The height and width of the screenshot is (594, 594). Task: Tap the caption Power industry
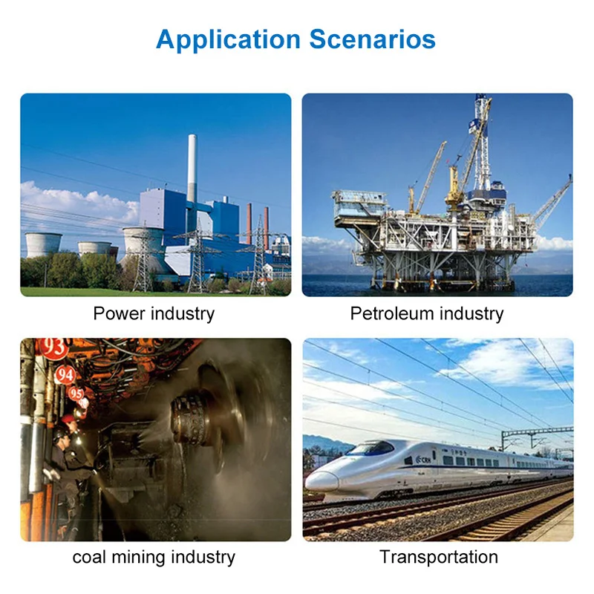pos(154,313)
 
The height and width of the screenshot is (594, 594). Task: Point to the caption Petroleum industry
pos(426,313)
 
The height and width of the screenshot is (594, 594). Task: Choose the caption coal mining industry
pos(154,556)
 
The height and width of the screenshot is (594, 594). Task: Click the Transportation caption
pos(438,556)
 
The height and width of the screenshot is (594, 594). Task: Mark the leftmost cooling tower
pos(44,244)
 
